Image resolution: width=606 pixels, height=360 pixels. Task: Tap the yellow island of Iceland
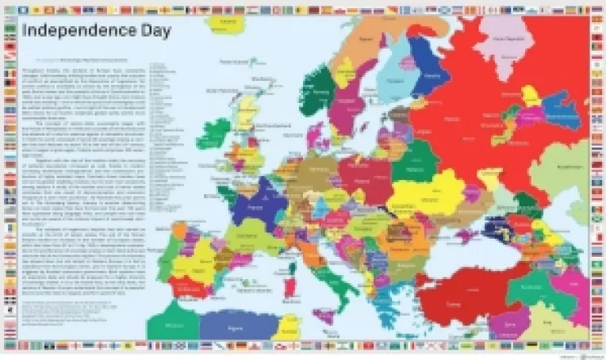[x=224, y=22]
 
